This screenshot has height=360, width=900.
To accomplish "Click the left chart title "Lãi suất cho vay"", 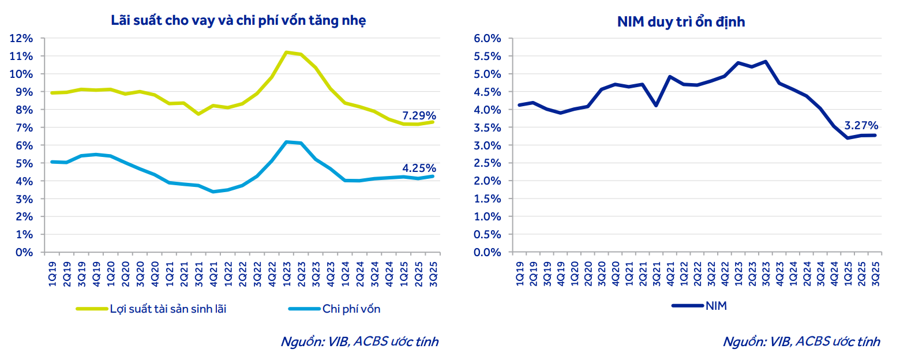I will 238,21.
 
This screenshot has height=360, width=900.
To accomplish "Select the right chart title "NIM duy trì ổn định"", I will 681,22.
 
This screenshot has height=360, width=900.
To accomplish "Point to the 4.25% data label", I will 419,168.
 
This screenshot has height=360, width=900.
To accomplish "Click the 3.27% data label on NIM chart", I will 861,125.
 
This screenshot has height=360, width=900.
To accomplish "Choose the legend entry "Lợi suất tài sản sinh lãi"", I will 168,309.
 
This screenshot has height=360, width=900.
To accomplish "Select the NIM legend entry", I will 715,306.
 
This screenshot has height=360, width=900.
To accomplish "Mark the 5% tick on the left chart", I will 25,163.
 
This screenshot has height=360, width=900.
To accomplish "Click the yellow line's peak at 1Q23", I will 286,52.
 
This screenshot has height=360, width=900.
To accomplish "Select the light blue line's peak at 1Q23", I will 286,141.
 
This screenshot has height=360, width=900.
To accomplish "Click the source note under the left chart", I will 359,342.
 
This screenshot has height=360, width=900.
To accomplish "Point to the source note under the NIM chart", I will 801,342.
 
